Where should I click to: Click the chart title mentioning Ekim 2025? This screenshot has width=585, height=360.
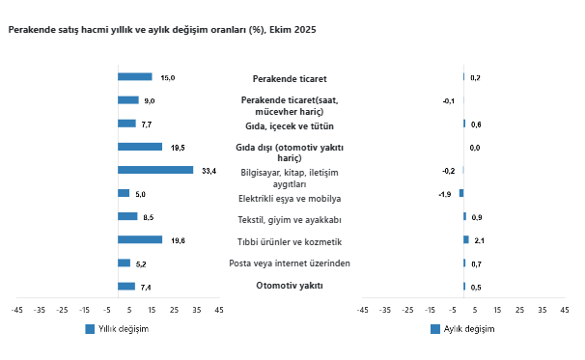[x=161, y=30]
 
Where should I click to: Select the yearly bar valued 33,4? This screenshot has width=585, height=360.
[x=154, y=170]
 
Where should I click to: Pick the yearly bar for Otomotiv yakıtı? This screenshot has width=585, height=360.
[x=125, y=286]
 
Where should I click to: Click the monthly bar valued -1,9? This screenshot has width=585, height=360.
[x=461, y=193]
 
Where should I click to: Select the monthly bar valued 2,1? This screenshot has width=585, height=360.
[x=465, y=239]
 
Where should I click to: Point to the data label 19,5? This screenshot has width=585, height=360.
[x=178, y=147]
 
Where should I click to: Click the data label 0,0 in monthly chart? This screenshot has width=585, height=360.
[x=474, y=148]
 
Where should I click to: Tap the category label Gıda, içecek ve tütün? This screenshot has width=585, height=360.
[x=289, y=125]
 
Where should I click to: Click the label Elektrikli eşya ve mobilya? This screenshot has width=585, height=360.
[x=289, y=199]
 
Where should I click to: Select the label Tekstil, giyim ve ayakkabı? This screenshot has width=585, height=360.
[x=289, y=218]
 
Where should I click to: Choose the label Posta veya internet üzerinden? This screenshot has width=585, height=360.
[x=289, y=263]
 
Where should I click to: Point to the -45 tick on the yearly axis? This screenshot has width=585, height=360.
[x=16, y=310]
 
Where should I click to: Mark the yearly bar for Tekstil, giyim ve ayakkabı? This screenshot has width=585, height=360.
[x=126, y=216]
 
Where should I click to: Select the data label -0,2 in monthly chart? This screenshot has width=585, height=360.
[x=448, y=171]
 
